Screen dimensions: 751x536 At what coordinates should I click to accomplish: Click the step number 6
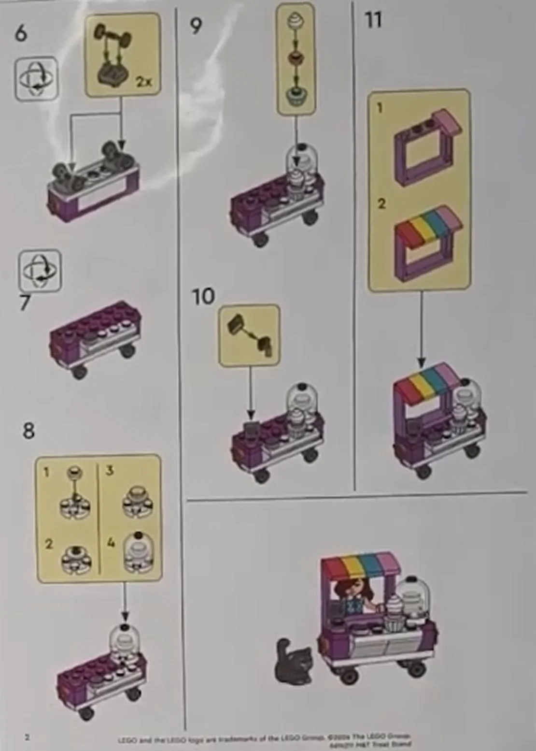pos(21,33)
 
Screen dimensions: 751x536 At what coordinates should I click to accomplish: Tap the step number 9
pos(195,26)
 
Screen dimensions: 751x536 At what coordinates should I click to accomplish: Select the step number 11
pos(373,20)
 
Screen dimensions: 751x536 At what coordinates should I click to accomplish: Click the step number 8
pos(28,430)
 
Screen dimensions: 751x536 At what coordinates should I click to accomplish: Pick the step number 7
pos(25,303)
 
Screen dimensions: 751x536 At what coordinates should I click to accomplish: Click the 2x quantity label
pos(143,82)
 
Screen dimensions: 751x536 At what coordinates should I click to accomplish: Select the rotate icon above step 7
pos(40,270)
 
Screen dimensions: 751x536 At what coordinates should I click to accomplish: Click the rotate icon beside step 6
pos(36,79)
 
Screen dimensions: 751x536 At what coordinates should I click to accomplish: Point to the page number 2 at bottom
pos(27,737)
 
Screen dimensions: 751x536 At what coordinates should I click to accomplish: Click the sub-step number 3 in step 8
pos(110,470)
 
